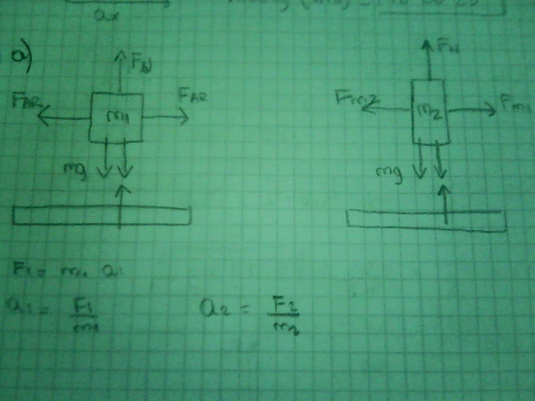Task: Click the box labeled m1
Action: click(116, 118)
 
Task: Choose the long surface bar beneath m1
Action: click(102, 216)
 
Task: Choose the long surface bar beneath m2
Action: click(426, 220)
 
